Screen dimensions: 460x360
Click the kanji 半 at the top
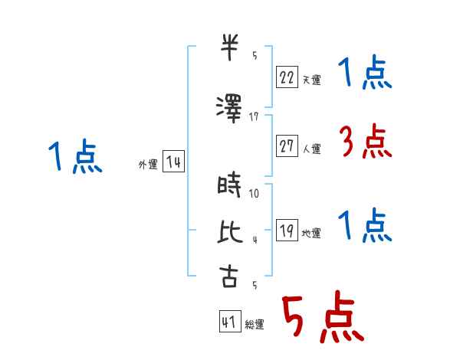[x=229, y=47]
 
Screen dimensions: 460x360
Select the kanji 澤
[x=229, y=109]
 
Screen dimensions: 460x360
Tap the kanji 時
[x=229, y=185]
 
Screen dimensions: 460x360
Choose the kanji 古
[x=228, y=277]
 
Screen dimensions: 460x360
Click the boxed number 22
[x=287, y=77]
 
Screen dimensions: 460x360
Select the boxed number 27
[x=287, y=146]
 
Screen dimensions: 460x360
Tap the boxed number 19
[x=287, y=230]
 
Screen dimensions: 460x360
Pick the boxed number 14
[x=173, y=161]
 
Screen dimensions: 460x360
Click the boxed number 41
[x=230, y=321]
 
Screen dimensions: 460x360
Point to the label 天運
[x=311, y=80]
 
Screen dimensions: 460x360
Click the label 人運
[x=311, y=149]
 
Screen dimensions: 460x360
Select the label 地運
[x=311, y=233]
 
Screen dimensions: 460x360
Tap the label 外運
[x=148, y=164]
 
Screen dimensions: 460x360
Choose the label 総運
[x=255, y=325]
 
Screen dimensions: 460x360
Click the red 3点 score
[x=366, y=141]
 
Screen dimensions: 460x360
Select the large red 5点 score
[x=324, y=316]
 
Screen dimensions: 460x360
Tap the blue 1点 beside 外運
[x=75, y=156]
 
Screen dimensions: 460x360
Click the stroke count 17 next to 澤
[x=254, y=117]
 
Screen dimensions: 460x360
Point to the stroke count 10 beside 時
[x=254, y=194]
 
